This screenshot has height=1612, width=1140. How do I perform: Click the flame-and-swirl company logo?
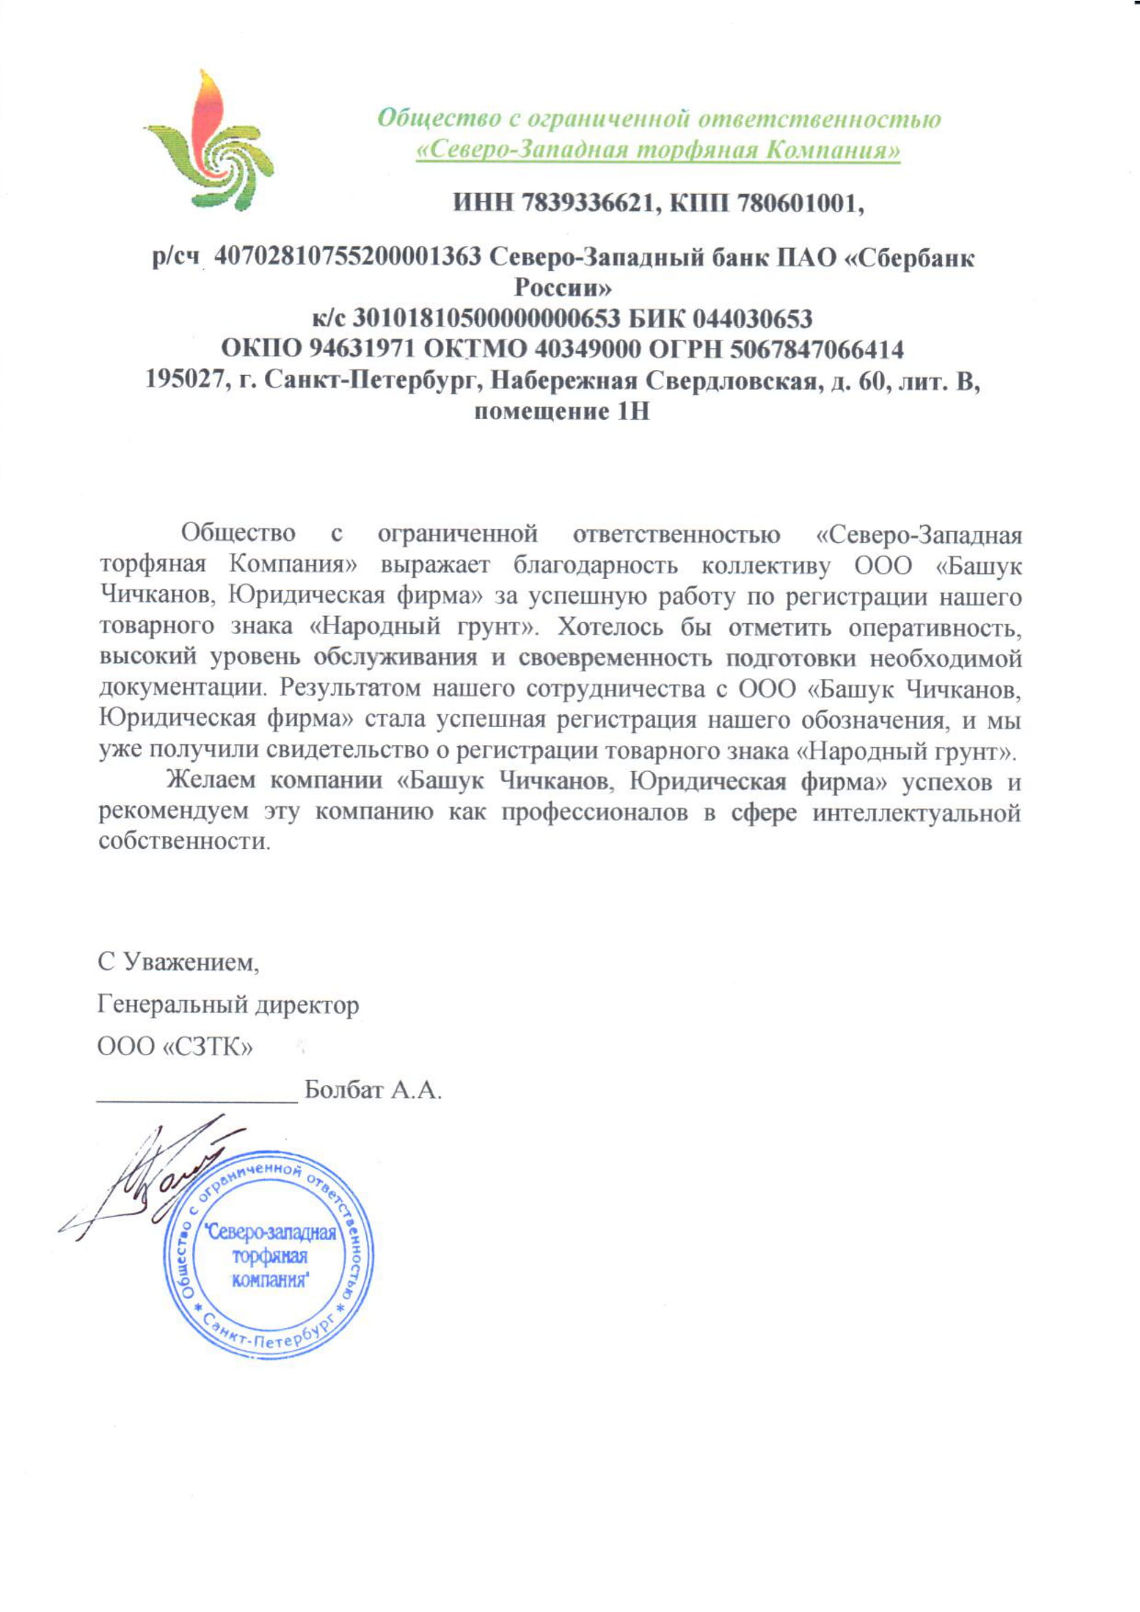(x=208, y=141)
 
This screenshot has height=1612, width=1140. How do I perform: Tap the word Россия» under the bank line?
(x=563, y=289)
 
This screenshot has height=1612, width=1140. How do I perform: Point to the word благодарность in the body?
(x=596, y=565)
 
